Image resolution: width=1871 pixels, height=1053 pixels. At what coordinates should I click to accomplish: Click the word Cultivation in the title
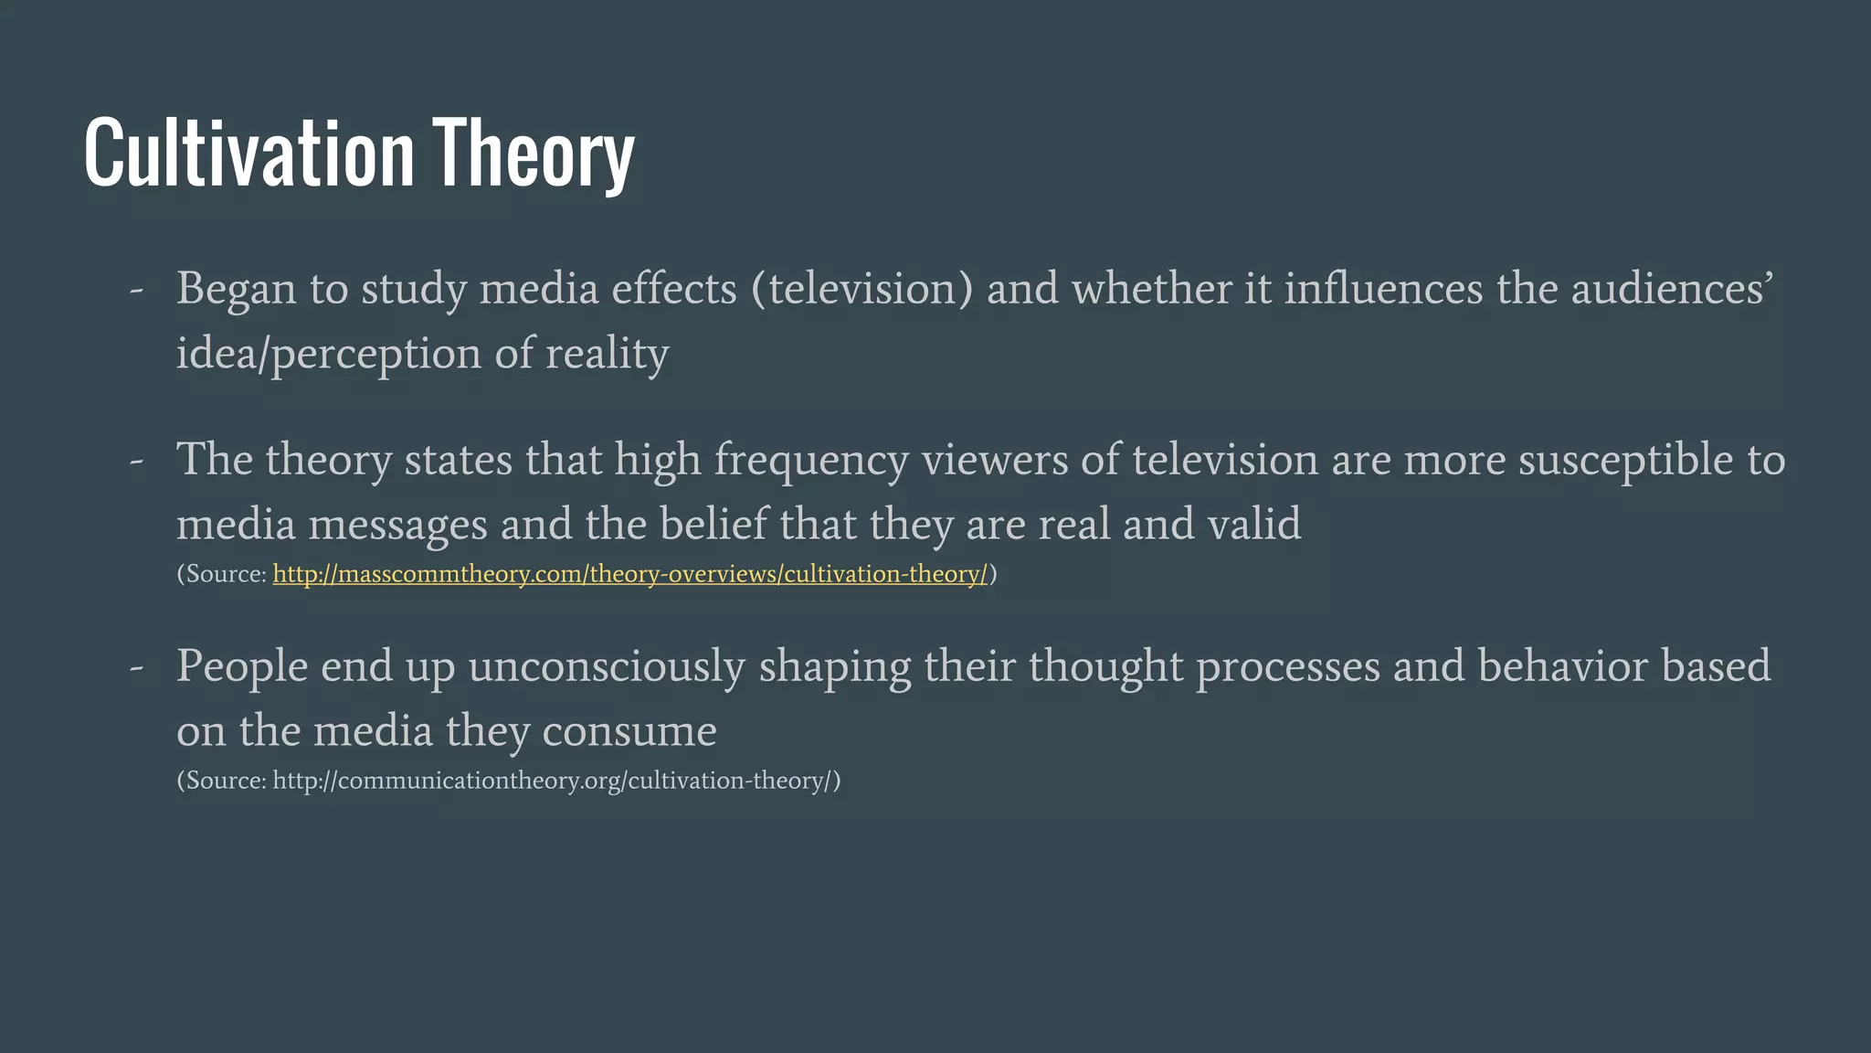click(248, 153)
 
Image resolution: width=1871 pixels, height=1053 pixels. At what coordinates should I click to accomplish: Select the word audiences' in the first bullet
click(1672, 289)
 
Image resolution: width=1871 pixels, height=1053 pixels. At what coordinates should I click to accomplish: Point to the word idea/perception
click(328, 354)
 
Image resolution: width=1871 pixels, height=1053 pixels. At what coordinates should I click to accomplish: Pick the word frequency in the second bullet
click(810, 460)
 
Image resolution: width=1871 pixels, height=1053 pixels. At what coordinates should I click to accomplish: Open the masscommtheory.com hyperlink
click(629, 574)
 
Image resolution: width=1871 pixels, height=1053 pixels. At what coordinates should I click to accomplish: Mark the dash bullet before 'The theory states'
click(137, 461)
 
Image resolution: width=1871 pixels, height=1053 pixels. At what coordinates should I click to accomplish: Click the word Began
click(236, 289)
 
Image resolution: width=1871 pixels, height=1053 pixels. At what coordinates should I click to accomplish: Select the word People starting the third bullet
click(241, 666)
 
